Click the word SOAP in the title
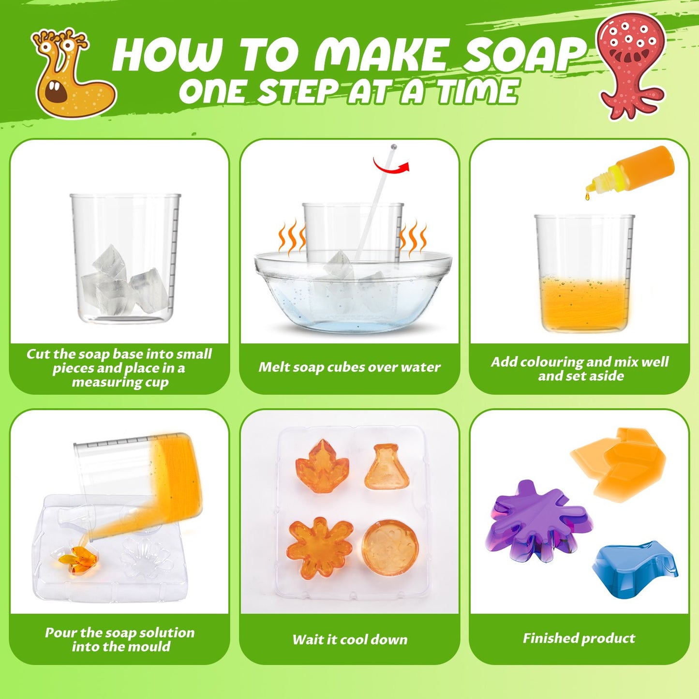pos(523,55)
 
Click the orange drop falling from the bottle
pos(587,196)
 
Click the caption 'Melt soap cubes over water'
pos(349,367)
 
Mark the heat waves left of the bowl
pos(291,236)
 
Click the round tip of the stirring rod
pos(393,147)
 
